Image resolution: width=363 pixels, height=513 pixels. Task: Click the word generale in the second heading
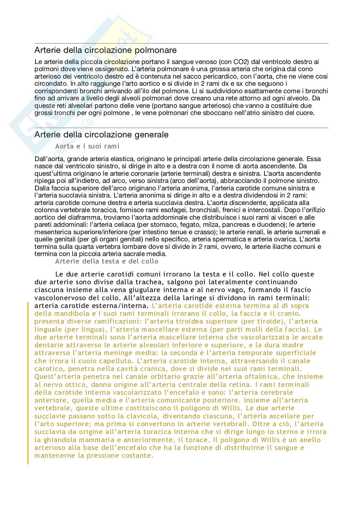(x=153, y=135)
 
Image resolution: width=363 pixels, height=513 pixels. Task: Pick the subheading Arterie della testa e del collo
(x=107, y=261)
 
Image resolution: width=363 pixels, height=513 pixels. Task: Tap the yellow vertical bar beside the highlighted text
(x=28, y=383)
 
